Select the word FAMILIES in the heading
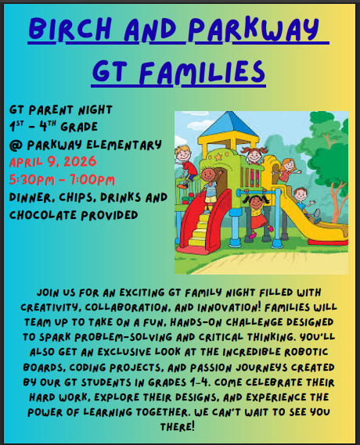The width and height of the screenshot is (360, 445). pos(205,72)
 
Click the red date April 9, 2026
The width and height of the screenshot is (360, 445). pos(52,162)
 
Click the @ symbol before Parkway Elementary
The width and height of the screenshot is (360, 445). pos(15,145)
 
